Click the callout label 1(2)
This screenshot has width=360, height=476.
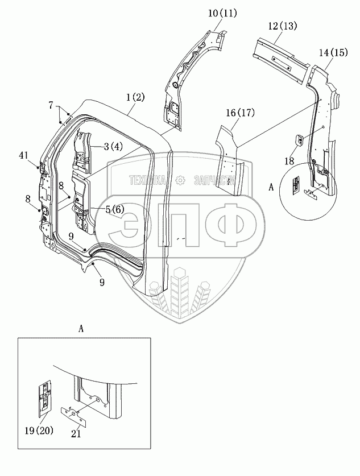click(x=136, y=97)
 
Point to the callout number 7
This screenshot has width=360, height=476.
click(x=51, y=105)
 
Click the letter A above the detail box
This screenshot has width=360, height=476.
click(x=81, y=329)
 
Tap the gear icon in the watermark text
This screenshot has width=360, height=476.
click(x=180, y=180)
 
